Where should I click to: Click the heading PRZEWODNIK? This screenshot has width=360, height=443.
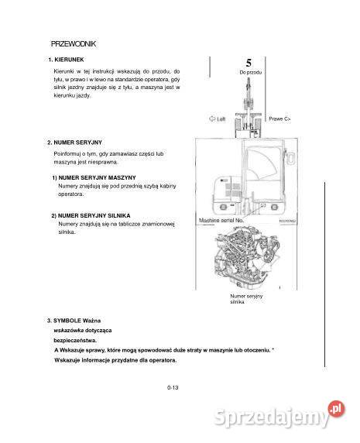(x=73, y=44)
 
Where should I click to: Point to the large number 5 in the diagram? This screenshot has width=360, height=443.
(x=249, y=63)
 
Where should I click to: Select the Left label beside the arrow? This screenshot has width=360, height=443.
(x=218, y=119)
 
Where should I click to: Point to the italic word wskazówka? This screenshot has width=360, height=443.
(x=69, y=330)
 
